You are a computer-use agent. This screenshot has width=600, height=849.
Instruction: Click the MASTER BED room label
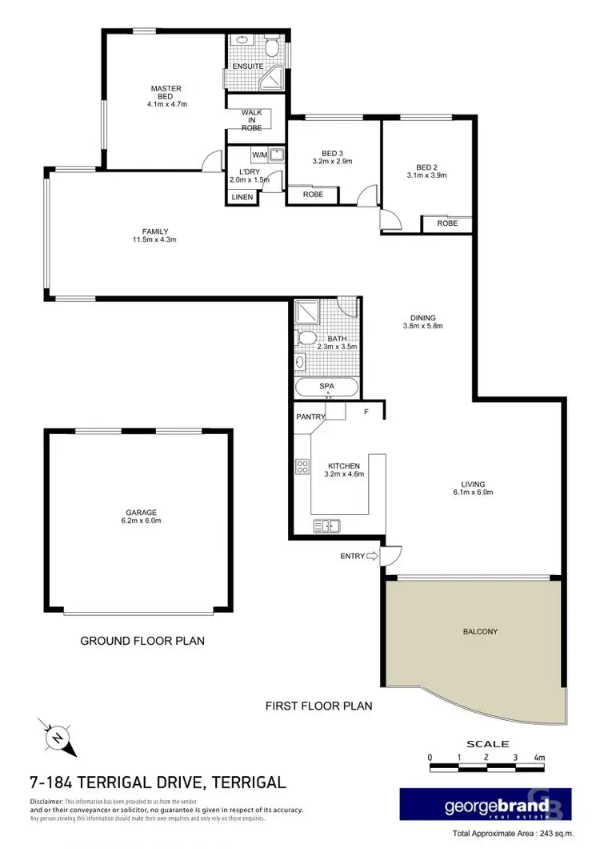pyautogui.click(x=166, y=93)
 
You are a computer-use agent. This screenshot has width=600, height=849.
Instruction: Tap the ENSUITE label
pyautogui.click(x=242, y=66)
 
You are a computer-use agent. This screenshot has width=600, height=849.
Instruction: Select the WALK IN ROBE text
pyautogui.click(x=252, y=120)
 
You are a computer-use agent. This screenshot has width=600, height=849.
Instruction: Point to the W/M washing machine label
pyautogui.click(x=260, y=155)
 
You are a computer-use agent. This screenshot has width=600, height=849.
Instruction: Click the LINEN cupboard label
pyautogui.click(x=242, y=197)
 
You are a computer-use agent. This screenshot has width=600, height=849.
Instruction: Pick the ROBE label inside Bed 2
pyautogui.click(x=447, y=223)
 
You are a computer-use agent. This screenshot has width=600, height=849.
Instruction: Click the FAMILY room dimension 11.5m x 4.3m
pyautogui.click(x=154, y=239)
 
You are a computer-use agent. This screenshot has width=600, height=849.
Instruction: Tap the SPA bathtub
pyautogui.click(x=326, y=387)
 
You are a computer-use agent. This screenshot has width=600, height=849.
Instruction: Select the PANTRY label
pyautogui.click(x=310, y=417)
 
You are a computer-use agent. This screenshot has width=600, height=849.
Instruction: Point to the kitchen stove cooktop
pyautogui.click(x=303, y=465)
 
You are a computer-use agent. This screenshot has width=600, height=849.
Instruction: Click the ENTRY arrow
pyautogui.click(x=370, y=556)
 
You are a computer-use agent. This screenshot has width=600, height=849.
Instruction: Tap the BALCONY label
pyautogui.click(x=480, y=631)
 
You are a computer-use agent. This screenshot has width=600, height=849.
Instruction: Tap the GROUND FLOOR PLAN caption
pyautogui.click(x=142, y=641)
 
